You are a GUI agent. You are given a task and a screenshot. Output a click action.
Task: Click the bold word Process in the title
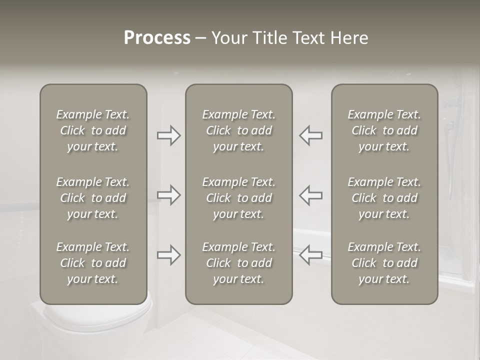[157, 38]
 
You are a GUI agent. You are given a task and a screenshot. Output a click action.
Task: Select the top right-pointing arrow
[169, 135]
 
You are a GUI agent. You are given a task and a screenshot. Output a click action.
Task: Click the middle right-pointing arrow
[169, 195]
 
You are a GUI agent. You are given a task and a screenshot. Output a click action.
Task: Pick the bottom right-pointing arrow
[169, 255]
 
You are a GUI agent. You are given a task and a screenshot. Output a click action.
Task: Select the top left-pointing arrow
[310, 135]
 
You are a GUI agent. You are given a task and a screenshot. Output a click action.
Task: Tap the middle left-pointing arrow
[310, 195]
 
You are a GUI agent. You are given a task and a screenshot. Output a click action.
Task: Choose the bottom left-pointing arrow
[310, 255]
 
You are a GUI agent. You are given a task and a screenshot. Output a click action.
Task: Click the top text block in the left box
[93, 130]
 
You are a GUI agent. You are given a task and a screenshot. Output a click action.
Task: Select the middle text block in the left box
[93, 198]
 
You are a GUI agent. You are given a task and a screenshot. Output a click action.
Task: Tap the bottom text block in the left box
[93, 263]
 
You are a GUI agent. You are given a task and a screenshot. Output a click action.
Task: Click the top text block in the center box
[238, 130]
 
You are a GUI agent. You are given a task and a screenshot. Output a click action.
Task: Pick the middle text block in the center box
[238, 198]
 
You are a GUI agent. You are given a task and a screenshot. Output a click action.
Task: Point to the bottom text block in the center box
[238, 263]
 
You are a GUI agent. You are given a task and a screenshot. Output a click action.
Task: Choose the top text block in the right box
[384, 130]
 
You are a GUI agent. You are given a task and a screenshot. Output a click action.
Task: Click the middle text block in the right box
[384, 198]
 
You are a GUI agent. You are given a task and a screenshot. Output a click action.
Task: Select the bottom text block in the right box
[384, 263]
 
